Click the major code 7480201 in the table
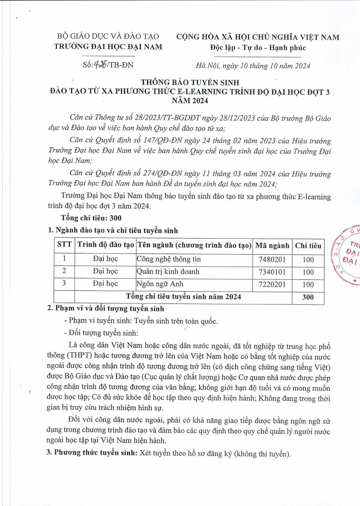point(272,260)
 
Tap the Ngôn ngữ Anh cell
point(160,284)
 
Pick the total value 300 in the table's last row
point(308,297)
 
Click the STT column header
point(65,246)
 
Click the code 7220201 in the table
point(272,284)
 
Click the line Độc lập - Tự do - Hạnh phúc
point(258,48)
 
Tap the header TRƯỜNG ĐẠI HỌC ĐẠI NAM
point(108,47)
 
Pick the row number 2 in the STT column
point(65,272)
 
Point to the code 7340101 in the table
point(272,272)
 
